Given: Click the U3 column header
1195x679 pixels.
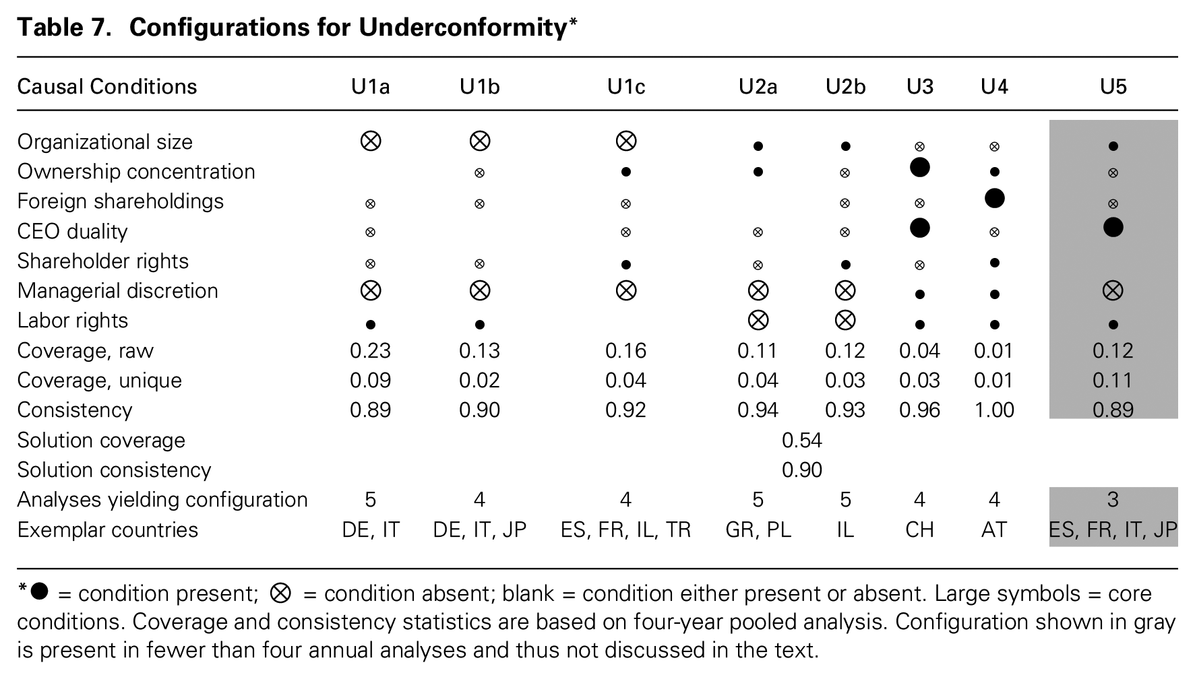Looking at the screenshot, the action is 919,87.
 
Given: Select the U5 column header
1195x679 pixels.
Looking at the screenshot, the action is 1113,87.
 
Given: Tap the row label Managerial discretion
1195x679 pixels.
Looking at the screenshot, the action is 118,291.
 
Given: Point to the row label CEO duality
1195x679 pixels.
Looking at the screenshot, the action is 72,232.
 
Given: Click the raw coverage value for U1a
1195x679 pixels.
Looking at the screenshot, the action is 370,351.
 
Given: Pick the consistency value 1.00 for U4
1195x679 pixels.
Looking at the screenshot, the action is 993,410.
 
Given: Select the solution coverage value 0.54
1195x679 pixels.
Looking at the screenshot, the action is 802,441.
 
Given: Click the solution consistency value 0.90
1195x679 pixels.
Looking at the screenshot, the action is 802,470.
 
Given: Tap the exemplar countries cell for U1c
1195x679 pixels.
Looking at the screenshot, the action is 625,530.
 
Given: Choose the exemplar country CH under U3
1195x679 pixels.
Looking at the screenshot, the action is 919,530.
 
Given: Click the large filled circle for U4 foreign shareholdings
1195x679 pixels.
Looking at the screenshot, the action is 994,198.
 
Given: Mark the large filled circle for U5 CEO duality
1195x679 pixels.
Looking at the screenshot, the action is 1113,228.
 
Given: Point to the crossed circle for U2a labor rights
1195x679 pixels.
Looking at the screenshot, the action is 758,320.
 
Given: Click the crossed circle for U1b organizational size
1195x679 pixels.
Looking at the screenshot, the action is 479,141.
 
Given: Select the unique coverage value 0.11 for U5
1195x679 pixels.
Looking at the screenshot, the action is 1113,381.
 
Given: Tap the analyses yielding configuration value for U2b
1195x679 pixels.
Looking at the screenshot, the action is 845,500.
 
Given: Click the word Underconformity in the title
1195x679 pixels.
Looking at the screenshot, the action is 463,28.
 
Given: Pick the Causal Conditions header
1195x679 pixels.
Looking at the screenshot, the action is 107,87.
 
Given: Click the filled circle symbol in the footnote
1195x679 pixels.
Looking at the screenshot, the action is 40,591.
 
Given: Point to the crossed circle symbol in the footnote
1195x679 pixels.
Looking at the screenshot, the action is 280,593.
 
